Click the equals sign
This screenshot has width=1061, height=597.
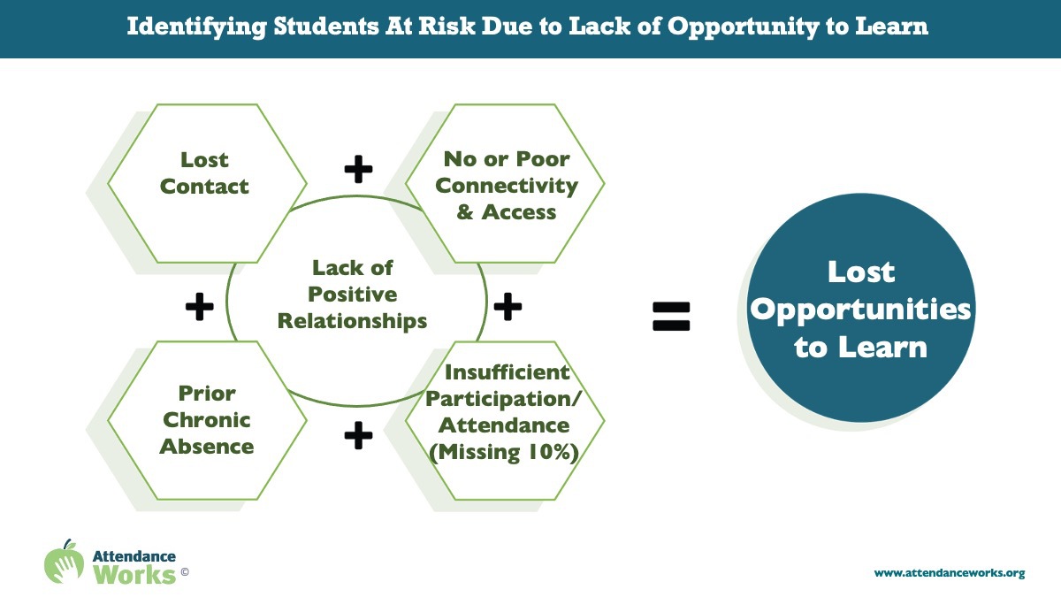click(671, 316)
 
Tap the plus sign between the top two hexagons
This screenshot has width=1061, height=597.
click(358, 169)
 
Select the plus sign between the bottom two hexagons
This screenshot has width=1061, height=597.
click(358, 435)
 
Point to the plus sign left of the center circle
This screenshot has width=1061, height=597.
click(200, 306)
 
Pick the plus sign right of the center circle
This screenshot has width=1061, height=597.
click(508, 306)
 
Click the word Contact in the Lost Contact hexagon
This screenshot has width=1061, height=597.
click(204, 187)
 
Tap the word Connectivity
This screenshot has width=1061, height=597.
click(507, 186)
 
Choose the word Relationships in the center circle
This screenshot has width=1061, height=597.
click(352, 321)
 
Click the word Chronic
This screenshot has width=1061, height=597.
click(207, 420)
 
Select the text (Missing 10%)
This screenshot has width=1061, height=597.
click(504, 452)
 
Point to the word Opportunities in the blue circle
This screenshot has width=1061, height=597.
click(860, 310)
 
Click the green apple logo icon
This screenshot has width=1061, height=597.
click(64, 563)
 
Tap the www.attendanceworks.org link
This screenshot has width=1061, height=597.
click(950, 573)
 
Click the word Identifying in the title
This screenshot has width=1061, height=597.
click(196, 27)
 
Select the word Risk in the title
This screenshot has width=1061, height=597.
click(447, 26)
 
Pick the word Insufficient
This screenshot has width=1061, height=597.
click(507, 372)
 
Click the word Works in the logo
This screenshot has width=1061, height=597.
click(134, 575)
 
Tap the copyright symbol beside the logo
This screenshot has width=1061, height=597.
click(185, 572)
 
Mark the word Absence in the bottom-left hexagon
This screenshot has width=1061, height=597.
click(207, 447)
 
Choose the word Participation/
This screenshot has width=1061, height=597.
click(502, 399)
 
